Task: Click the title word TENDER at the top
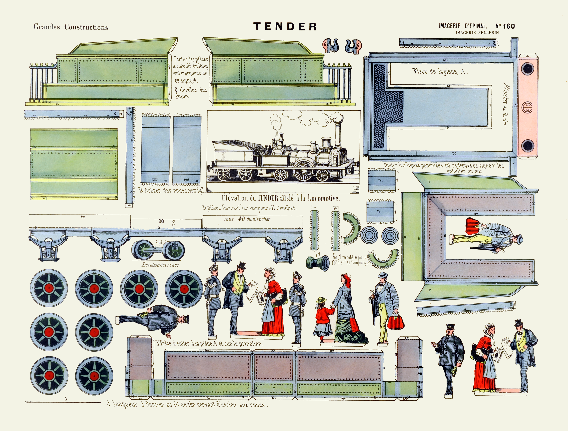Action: (285, 26)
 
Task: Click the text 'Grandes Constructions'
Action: (71, 27)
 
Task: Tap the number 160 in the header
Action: (509, 26)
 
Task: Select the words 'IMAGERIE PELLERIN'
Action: (477, 33)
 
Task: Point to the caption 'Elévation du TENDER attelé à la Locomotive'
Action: (281, 198)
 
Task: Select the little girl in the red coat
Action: (323, 319)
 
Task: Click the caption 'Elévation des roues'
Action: (161, 265)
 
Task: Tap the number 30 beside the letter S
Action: (161, 221)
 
